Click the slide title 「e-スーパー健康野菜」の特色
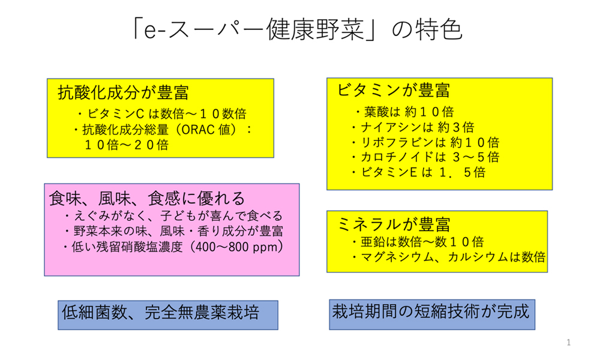(x=297, y=29)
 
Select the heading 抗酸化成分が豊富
(x=123, y=92)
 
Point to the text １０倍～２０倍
(x=126, y=145)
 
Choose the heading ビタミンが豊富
(x=394, y=91)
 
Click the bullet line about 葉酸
(x=404, y=112)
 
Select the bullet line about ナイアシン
(x=413, y=127)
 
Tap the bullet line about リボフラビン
(x=425, y=142)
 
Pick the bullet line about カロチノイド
(x=425, y=157)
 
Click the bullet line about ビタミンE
(x=418, y=172)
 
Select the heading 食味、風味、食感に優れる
(x=146, y=199)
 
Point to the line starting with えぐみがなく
(x=173, y=216)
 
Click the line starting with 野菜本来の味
(x=173, y=231)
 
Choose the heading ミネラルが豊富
(x=394, y=224)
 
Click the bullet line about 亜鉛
(x=418, y=242)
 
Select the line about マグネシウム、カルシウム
(x=448, y=257)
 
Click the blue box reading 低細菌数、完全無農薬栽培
(x=168, y=315)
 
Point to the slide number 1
(x=569, y=343)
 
